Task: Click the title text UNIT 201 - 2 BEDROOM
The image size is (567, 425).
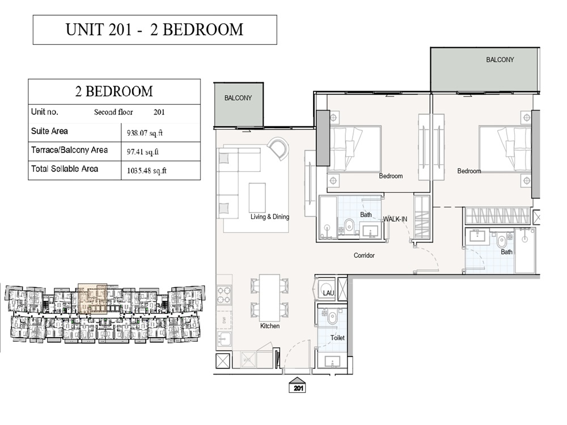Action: click(x=154, y=29)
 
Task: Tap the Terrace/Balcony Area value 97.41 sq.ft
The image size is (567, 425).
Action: click(x=142, y=152)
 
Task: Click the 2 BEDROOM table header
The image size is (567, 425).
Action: click(x=114, y=91)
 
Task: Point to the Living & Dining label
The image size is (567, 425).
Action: click(x=270, y=217)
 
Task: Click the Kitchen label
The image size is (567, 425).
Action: click(x=269, y=326)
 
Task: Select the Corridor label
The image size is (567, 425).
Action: click(x=364, y=256)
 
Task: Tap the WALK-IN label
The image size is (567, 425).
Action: click(x=395, y=219)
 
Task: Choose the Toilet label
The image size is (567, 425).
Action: click(x=338, y=338)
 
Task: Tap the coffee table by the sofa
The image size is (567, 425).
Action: click(x=257, y=197)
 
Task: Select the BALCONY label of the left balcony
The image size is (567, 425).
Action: click(x=238, y=98)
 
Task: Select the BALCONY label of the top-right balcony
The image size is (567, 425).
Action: click(x=500, y=59)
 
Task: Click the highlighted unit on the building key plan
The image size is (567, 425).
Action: click(x=92, y=299)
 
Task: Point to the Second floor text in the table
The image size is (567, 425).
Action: click(x=113, y=112)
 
